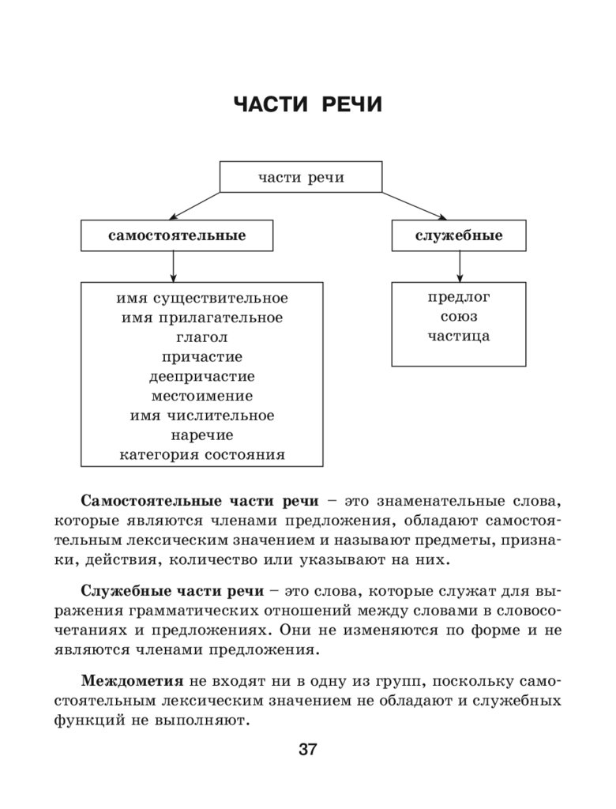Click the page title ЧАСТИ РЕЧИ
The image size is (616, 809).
click(x=307, y=105)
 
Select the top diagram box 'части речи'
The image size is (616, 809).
click(x=301, y=177)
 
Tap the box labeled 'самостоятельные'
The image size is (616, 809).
click(x=177, y=235)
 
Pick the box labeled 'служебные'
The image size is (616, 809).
click(x=459, y=235)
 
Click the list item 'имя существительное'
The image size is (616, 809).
click(x=202, y=299)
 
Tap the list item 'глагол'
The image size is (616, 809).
click(x=202, y=337)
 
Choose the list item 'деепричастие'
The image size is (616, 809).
click(x=202, y=377)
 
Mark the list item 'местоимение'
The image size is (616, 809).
click(x=202, y=396)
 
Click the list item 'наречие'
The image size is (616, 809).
click(x=202, y=435)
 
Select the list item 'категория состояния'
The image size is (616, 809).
click(x=202, y=455)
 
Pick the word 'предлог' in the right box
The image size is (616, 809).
click(x=459, y=298)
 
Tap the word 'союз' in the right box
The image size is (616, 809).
click(x=459, y=317)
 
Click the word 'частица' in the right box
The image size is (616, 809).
click(x=459, y=337)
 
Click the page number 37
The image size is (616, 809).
click(x=307, y=750)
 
